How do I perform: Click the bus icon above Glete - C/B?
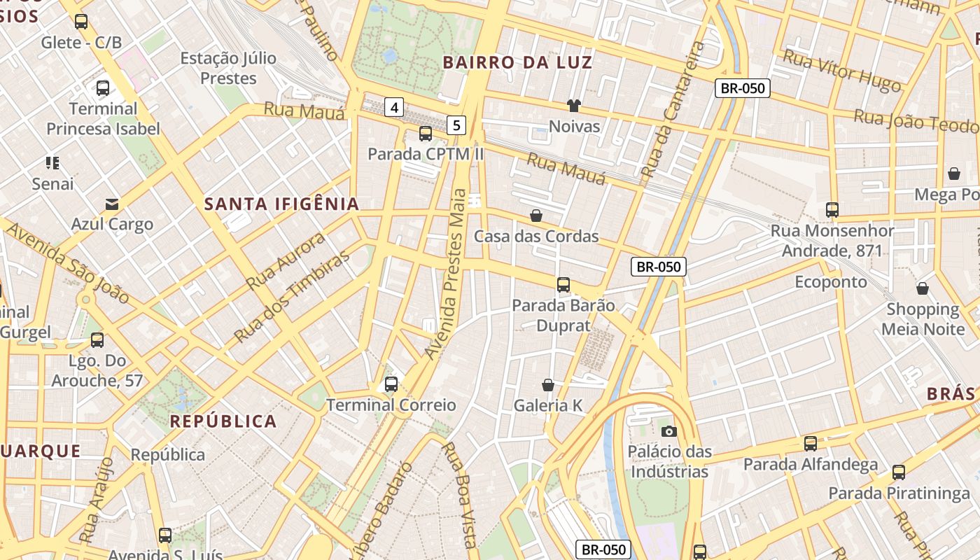tap(81, 22)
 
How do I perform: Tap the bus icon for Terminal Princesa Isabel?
tap(103, 88)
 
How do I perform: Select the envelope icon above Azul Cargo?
tap(111, 204)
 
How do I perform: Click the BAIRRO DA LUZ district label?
tap(517, 62)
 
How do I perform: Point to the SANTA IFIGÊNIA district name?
tap(281, 204)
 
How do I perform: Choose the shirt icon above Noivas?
tap(574, 106)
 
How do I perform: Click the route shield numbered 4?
tap(395, 107)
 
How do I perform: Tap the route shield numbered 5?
tap(456, 125)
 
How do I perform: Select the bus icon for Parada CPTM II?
tap(426, 134)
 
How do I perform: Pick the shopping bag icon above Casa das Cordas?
tap(536, 216)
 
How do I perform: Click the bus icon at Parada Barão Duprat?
tap(563, 285)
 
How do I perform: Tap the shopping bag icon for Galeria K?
tap(548, 385)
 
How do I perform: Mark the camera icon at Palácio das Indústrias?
tap(669, 431)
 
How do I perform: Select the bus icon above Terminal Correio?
tap(391, 384)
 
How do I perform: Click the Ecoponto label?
tap(831, 282)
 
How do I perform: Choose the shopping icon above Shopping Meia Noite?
tap(923, 288)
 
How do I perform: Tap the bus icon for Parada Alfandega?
tap(811, 444)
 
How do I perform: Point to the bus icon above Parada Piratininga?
tap(899, 472)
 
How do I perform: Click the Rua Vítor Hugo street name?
tap(841, 71)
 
